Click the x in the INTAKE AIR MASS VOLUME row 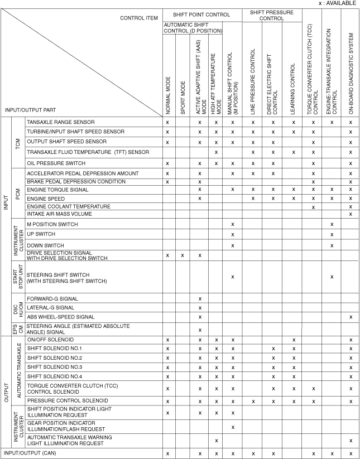pos(351,214)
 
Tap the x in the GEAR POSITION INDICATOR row pos(232,427)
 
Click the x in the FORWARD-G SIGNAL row pos(199,299)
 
